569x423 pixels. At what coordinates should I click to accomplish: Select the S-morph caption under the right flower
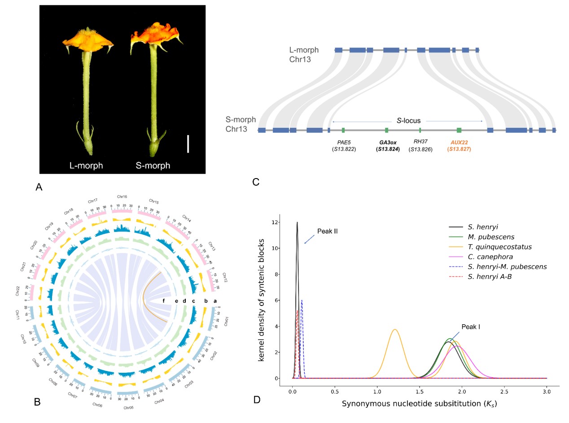click(x=153, y=166)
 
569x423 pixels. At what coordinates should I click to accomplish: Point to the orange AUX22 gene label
click(x=459, y=142)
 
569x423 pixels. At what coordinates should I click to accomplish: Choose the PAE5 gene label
click(x=344, y=142)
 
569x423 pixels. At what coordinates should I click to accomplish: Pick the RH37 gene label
click(x=420, y=142)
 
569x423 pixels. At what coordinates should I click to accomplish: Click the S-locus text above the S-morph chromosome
click(x=407, y=121)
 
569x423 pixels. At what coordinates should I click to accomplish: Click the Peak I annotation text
click(x=471, y=327)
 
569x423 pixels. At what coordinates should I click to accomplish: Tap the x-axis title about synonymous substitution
click(x=419, y=403)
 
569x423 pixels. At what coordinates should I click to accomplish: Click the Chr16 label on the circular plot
click(x=122, y=196)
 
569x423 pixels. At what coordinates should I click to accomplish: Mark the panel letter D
click(x=257, y=399)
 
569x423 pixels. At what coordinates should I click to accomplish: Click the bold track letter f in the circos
click(x=164, y=301)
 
